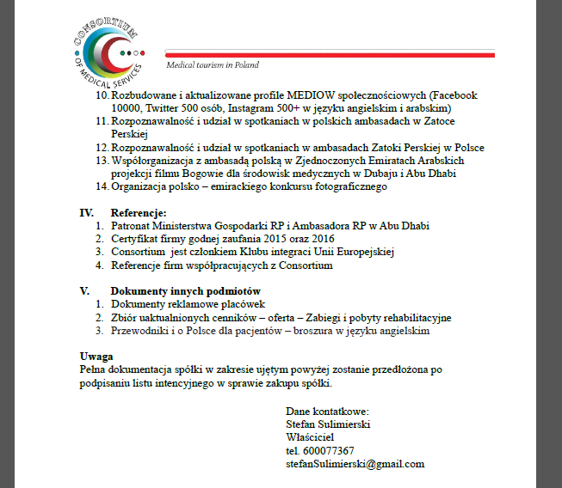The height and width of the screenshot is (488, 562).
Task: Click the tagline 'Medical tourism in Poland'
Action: (x=212, y=65)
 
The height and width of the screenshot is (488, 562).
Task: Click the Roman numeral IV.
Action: (x=86, y=212)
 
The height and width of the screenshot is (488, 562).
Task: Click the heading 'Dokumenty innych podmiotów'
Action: (x=186, y=291)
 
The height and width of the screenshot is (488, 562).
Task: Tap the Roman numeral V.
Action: (x=84, y=291)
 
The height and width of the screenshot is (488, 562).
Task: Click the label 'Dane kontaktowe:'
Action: (x=327, y=412)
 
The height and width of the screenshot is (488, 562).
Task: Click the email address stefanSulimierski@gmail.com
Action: (x=355, y=463)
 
